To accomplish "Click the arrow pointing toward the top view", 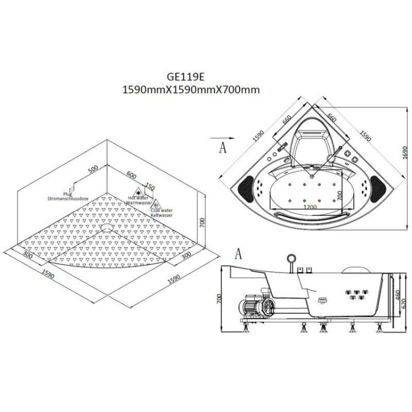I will pyautogui.click(x=222, y=138).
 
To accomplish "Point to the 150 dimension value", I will pyautogui.click(x=149, y=186).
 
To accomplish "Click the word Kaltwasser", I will pyautogui.click(x=161, y=215).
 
